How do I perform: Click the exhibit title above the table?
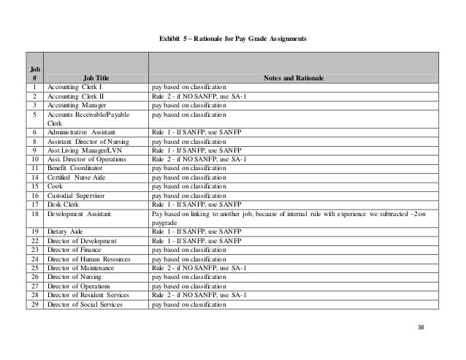click(x=232, y=37)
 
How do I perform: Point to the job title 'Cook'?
click(x=56, y=186)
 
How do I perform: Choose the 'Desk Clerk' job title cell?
click(x=64, y=204)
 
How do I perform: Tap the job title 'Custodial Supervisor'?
click(x=78, y=196)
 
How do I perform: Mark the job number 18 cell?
click(x=34, y=214)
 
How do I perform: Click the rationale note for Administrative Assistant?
click(x=196, y=132)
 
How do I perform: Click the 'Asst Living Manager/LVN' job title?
click(x=84, y=150)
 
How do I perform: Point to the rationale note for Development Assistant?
click(x=292, y=218)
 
